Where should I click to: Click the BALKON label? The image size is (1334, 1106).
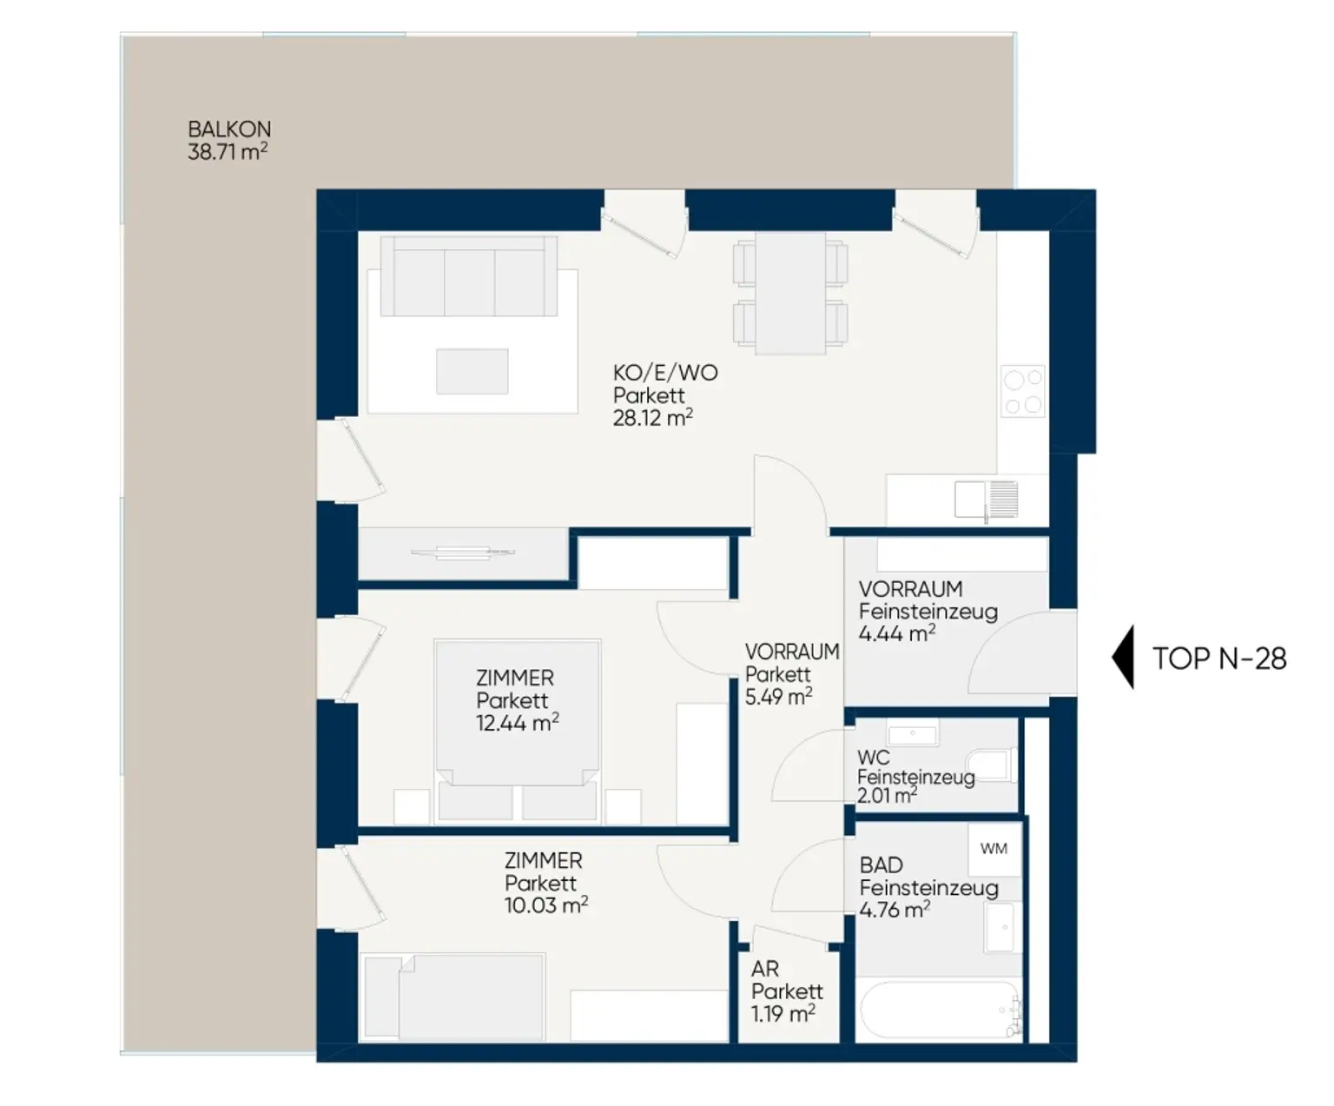tap(229, 129)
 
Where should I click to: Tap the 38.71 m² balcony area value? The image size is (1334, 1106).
tap(228, 152)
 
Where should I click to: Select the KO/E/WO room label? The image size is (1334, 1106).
tap(665, 373)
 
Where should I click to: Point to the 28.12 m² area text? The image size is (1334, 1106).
tap(652, 418)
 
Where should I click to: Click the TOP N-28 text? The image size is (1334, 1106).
tap(1219, 659)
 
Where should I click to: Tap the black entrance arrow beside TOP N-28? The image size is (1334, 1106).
tap(1123, 657)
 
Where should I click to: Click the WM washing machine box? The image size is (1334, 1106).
tap(994, 849)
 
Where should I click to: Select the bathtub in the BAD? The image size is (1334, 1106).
tap(940, 1010)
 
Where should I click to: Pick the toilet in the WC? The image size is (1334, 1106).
tap(990, 765)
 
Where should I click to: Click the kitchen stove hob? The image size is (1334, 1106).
tap(1023, 391)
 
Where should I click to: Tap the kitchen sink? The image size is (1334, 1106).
tap(987, 500)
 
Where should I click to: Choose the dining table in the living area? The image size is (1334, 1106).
tap(790, 294)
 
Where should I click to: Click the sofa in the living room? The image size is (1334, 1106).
tap(469, 276)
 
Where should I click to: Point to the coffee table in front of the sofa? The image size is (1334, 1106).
tap(472, 372)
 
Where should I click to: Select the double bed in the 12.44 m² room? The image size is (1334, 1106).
tap(517, 730)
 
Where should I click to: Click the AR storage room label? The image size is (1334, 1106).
tap(765, 970)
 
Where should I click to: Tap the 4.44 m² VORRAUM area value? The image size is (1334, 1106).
tap(897, 634)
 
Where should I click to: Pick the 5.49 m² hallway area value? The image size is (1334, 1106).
tap(778, 697)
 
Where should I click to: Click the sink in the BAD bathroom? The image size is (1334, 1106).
tap(1000, 928)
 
